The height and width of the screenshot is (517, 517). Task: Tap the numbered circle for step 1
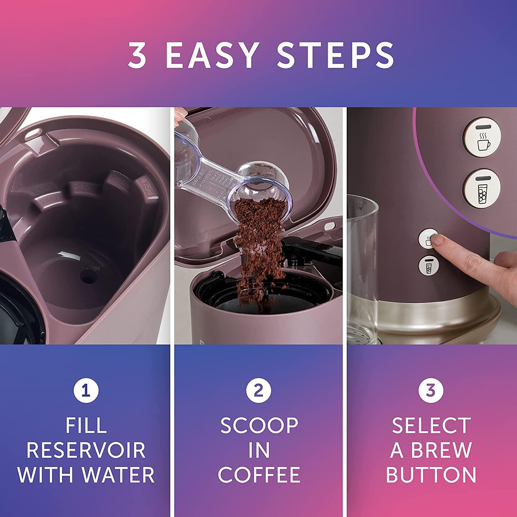point(86,391)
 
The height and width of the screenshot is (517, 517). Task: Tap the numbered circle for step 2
point(258,391)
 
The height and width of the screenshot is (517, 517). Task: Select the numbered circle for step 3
point(431,391)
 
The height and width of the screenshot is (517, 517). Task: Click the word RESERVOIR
point(86,450)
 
